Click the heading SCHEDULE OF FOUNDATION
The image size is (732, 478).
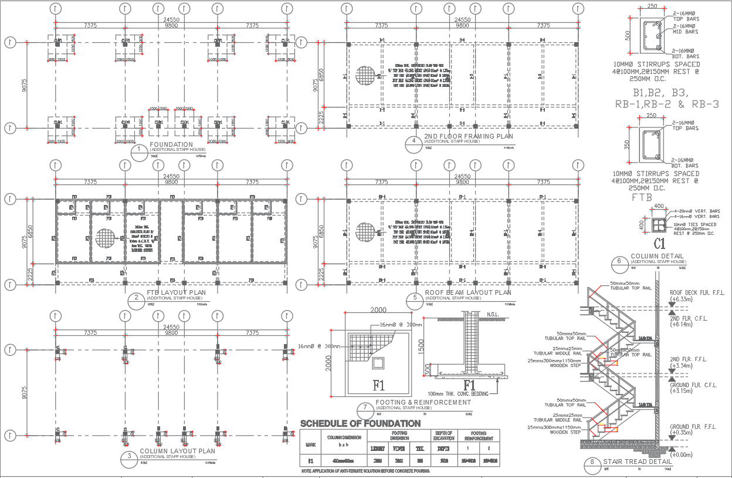tap(360, 423)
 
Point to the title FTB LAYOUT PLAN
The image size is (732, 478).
tap(175, 293)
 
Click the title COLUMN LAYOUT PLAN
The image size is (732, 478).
tap(178, 452)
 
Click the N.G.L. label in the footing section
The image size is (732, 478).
tap(494, 315)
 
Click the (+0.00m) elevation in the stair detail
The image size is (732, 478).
tap(682, 455)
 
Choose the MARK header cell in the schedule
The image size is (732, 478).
tap(310, 444)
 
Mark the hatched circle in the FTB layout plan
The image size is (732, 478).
tap(106, 239)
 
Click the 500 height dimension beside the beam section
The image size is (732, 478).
tap(627, 36)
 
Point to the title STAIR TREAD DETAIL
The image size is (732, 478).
tap(636, 462)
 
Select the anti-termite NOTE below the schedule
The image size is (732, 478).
tap(365, 471)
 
